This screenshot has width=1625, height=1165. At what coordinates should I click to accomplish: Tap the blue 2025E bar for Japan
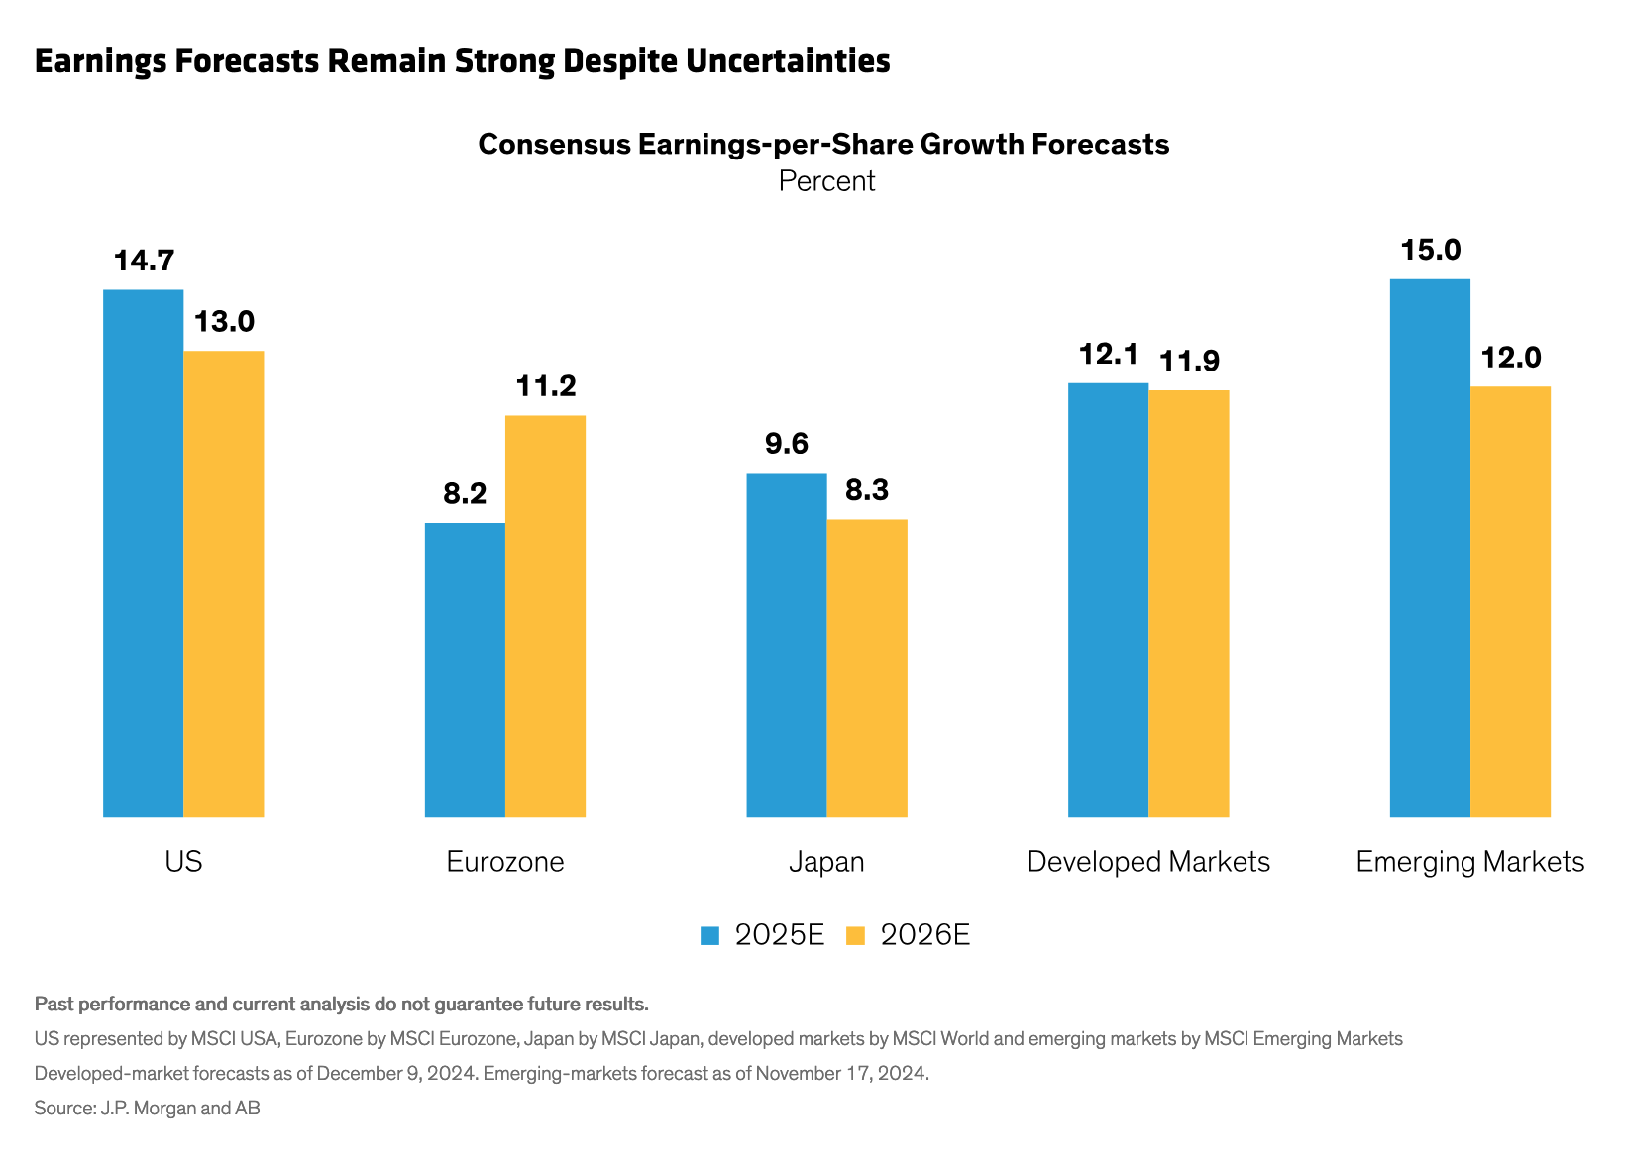(x=786, y=645)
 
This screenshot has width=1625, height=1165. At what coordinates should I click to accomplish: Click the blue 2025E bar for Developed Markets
(x=1108, y=599)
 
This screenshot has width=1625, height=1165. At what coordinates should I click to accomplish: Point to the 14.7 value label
(x=144, y=262)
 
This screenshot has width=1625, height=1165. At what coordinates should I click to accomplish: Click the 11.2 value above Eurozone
(x=546, y=386)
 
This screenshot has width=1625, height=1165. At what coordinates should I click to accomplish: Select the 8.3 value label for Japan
(x=867, y=490)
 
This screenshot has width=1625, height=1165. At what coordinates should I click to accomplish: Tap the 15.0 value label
(x=1430, y=250)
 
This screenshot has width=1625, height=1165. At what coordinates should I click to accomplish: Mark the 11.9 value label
(x=1189, y=362)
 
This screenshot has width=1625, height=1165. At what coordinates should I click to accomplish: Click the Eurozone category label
(x=505, y=862)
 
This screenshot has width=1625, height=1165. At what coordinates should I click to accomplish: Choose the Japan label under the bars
(x=826, y=862)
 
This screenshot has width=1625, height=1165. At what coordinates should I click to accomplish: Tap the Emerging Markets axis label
(x=1469, y=862)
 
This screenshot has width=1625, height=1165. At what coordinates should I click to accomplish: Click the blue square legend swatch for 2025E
(x=709, y=935)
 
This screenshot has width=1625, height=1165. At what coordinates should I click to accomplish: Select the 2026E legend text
(x=924, y=935)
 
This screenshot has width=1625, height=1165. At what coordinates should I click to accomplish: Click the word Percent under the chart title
(x=826, y=181)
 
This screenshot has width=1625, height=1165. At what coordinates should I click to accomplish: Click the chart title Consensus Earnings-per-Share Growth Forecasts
(x=823, y=145)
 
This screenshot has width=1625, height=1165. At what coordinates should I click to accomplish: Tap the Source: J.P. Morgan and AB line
(x=147, y=1109)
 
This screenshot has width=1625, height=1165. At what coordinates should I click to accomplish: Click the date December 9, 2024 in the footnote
(x=392, y=1074)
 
